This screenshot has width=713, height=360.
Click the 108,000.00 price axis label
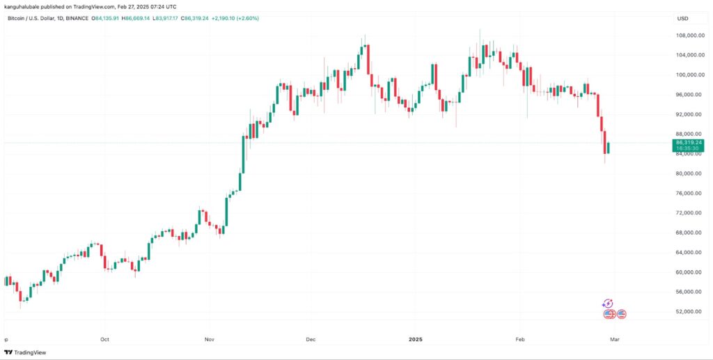click(687, 35)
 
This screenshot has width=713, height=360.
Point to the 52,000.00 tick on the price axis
click(687, 311)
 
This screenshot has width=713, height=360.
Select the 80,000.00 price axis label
click(687, 173)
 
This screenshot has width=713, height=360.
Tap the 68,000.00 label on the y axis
click(687, 233)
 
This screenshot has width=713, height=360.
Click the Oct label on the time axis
click(105, 339)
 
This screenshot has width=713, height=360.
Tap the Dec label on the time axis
click(311, 339)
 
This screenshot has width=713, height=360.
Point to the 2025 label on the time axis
click(416, 339)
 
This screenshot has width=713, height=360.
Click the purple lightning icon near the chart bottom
click(607, 304)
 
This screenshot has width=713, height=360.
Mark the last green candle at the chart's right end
click(609, 148)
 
